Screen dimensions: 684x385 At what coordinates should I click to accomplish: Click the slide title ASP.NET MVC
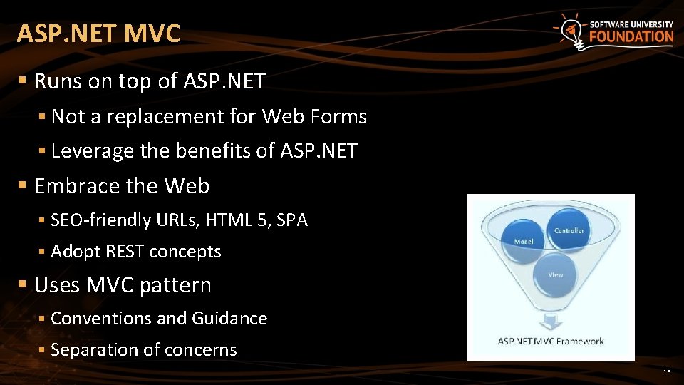98,34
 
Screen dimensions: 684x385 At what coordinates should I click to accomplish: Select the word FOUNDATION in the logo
631,36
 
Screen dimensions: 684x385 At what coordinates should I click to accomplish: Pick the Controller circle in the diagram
569,230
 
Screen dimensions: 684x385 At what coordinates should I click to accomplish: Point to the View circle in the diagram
556,274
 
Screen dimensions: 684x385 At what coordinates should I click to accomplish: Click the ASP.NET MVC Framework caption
551,341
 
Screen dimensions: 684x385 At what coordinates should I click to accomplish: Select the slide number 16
667,372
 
